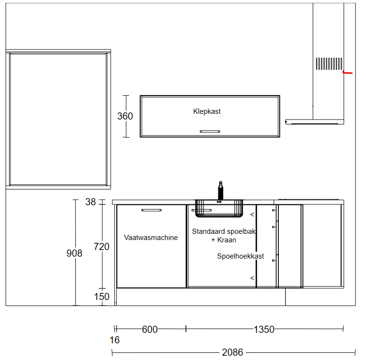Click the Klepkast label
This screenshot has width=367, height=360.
[207, 111]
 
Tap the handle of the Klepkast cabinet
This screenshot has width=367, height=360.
[210, 131]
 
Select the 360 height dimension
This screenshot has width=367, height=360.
[125, 116]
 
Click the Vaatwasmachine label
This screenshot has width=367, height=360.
[151, 238]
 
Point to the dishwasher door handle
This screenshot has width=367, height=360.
[152, 210]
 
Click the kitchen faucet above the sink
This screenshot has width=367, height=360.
[221, 190]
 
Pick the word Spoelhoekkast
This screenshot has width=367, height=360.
[240, 256]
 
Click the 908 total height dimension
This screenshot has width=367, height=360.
[74, 253]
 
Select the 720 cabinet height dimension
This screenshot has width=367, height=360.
[102, 247]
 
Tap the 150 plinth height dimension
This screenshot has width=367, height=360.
[102, 297]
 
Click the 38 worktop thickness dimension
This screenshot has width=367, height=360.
[91, 202]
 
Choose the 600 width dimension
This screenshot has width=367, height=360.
[150, 330]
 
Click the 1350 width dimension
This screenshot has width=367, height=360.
[264, 330]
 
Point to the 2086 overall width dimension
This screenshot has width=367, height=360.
[233, 352]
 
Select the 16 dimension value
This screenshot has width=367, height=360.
[114, 340]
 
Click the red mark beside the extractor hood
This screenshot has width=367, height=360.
[347, 72]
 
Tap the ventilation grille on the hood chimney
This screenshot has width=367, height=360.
[329, 64]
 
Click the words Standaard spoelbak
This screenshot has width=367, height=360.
[224, 231]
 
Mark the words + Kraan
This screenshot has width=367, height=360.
[224, 240]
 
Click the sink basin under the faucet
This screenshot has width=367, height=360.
[219, 209]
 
